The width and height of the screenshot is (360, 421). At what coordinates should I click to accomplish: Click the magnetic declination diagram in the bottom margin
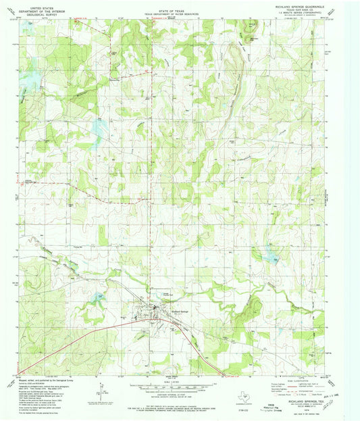[x=99, y=391]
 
